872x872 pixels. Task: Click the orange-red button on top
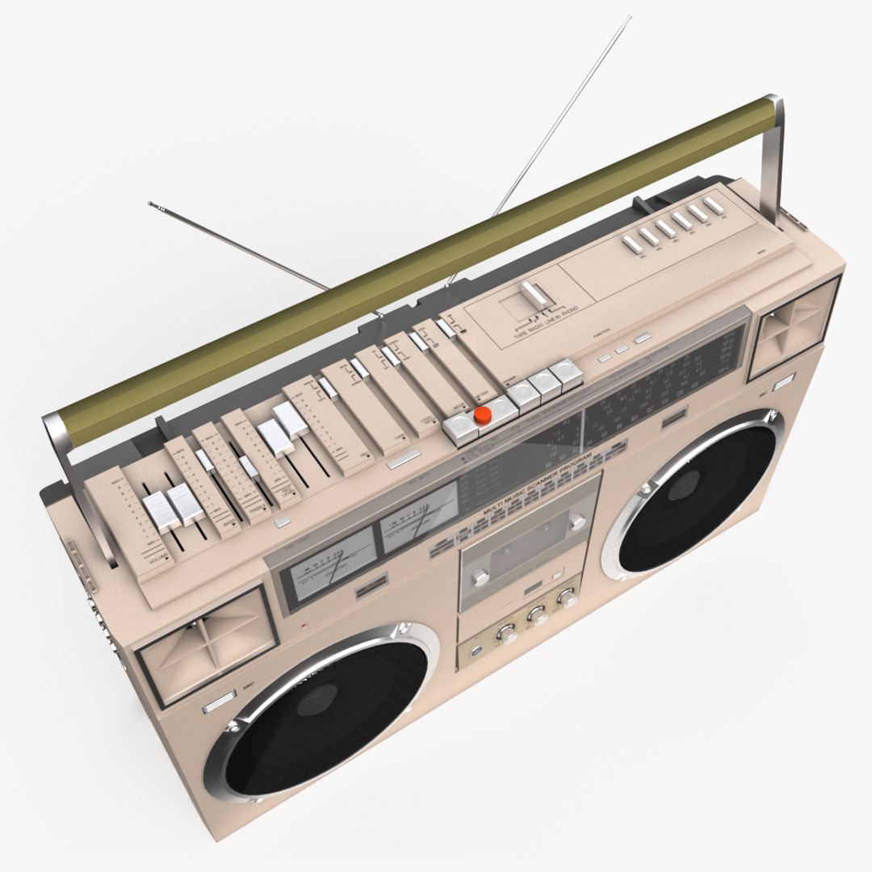[482, 415]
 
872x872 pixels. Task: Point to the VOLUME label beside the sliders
[156, 556]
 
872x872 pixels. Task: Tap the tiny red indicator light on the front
[303, 627]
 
